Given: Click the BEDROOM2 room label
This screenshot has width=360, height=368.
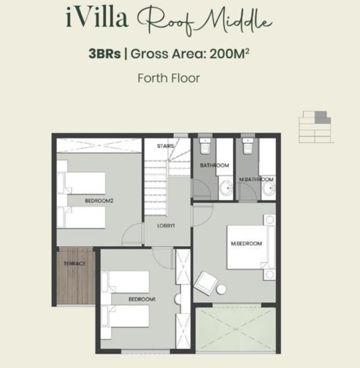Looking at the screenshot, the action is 99,201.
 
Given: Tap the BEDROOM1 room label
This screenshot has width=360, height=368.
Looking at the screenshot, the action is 142,299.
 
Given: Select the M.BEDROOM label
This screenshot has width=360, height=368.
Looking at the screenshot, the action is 246,243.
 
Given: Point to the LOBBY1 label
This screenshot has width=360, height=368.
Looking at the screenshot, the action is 166,226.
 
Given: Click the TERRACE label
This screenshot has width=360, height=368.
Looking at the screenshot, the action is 74,264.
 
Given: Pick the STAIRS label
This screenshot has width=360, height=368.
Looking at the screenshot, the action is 166,146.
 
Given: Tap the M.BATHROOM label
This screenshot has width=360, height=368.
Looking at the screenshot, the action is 256,180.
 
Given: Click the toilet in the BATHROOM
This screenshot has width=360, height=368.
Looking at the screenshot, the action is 205,146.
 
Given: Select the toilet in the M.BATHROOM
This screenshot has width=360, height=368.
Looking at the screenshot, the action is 248,146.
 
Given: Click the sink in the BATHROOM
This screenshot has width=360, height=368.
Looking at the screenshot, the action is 226,188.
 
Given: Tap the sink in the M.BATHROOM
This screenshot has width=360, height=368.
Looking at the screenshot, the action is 269,188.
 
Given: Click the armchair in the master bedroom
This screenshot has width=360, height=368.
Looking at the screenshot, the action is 206,283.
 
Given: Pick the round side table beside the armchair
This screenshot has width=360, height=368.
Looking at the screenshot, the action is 221,290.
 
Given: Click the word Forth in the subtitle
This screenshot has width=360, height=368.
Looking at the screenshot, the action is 153,78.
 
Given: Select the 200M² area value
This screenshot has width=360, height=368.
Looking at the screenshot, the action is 229,54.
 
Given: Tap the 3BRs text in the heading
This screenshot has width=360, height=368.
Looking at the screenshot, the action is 104,54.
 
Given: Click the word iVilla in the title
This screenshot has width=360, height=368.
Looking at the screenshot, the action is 97,18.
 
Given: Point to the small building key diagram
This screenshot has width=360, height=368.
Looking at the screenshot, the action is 316,127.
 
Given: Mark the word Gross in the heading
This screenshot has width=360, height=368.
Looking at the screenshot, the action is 149,54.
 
